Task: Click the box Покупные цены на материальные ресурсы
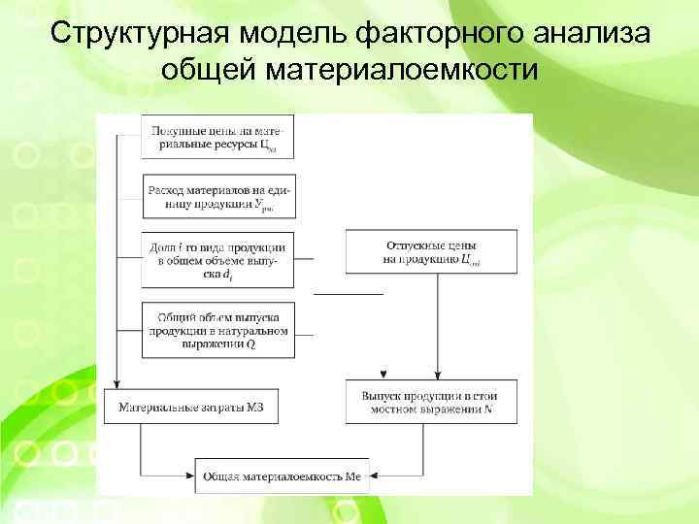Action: point(217,137)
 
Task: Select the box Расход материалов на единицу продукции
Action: point(217,197)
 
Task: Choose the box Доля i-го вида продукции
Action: point(217,260)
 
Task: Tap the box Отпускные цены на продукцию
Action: point(431,252)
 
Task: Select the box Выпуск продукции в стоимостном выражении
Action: point(431,403)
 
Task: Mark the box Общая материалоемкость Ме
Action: point(283,475)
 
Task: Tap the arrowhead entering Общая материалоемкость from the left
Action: point(191,475)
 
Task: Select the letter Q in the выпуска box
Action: point(252,344)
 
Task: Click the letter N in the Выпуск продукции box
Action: point(487,410)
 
